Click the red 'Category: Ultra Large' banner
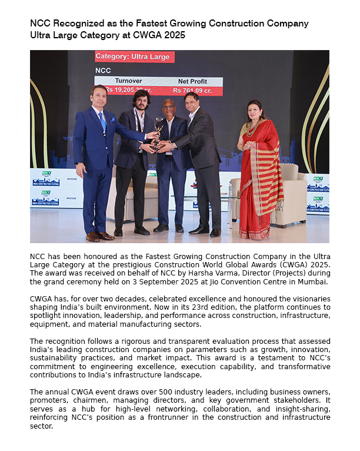pos(134,57)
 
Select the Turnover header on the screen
pos(129,81)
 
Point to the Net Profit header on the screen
pos(193,81)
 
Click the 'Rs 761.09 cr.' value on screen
pos(193,91)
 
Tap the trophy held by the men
pos(158,131)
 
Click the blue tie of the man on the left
pos(103,122)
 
